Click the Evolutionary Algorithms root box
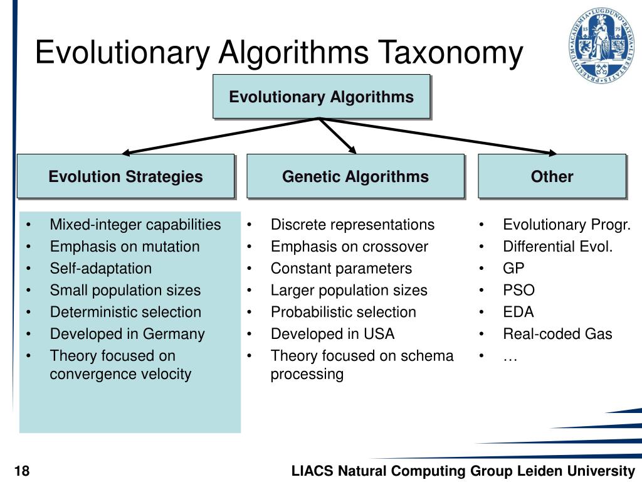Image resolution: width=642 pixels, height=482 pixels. point(321,97)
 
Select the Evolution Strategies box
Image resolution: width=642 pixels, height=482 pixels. point(125,176)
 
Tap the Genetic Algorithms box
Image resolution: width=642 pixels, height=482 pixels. point(355,176)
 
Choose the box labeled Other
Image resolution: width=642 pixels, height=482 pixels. point(552,176)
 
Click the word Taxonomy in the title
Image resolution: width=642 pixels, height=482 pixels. point(449,53)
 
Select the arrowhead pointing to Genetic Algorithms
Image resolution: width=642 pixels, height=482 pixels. point(352,149)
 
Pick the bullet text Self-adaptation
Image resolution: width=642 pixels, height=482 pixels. point(100,269)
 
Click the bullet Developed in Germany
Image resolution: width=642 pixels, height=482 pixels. point(127,334)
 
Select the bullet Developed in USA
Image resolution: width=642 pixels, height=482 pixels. point(332,334)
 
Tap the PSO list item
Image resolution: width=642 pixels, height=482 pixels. point(518,291)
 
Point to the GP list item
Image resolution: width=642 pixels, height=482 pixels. point(514,269)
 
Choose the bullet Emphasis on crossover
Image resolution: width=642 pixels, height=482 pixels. point(349,247)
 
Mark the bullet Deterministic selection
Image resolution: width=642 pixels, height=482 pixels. point(125,312)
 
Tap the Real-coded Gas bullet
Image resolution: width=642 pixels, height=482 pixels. point(557,334)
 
